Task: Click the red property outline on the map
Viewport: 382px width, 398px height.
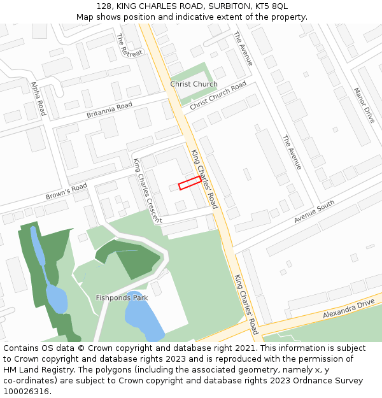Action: coord(190,183)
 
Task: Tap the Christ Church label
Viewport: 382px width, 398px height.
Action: coord(194,84)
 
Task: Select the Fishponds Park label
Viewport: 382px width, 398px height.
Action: coord(122,297)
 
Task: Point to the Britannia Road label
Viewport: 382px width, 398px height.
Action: coord(109,110)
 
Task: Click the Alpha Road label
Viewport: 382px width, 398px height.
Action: coord(38,98)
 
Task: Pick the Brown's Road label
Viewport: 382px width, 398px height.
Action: coord(66,190)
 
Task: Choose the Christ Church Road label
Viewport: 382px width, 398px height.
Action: coord(218,95)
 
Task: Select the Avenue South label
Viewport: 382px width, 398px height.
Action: coord(314,211)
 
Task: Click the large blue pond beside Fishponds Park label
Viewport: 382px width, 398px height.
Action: coord(144,315)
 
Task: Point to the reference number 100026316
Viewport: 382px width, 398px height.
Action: coord(27,391)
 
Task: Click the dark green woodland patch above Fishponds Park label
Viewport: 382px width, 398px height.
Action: coord(131,255)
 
